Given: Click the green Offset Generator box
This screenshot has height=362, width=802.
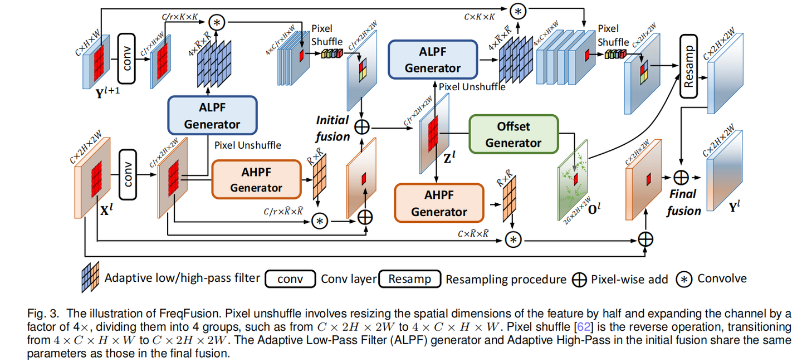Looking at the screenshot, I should click(x=513, y=134).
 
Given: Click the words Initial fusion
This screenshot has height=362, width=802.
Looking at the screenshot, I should click(x=332, y=128).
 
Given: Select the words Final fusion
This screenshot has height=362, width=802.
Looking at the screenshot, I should click(x=683, y=202).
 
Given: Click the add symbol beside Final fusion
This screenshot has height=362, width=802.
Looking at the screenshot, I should click(x=681, y=177).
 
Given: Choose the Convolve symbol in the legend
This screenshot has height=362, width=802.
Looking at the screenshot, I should click(x=683, y=279).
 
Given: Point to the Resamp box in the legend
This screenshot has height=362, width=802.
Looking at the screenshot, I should click(x=409, y=279).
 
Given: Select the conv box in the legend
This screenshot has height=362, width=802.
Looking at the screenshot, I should click(x=291, y=279).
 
